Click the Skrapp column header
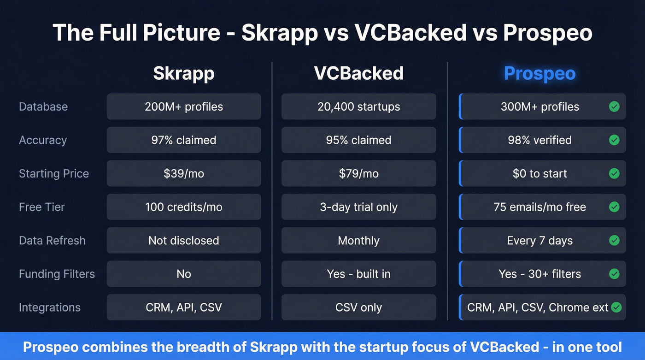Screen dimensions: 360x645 pyautogui.click(x=183, y=73)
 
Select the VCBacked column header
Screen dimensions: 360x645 pyautogui.click(x=358, y=73)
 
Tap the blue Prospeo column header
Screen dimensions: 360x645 pyautogui.click(x=539, y=73)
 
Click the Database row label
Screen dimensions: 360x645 pyautogui.click(x=43, y=106)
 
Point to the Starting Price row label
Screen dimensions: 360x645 pyautogui.click(x=54, y=174)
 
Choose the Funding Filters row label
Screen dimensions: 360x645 pyautogui.click(x=57, y=274)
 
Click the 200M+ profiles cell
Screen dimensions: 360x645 pyautogui.click(x=183, y=106)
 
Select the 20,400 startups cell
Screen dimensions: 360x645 pyautogui.click(x=358, y=106)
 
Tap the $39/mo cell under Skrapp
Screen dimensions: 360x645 pyautogui.click(x=183, y=174)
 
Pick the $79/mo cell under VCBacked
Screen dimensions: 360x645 pyautogui.click(x=358, y=174)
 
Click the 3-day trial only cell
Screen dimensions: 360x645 pyautogui.click(x=358, y=207)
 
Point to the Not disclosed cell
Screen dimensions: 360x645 pyautogui.click(x=183, y=241)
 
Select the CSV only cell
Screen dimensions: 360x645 pyautogui.click(x=358, y=307)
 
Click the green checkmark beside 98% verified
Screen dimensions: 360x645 pyautogui.click(x=614, y=140)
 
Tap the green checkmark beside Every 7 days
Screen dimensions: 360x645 pyautogui.click(x=614, y=241)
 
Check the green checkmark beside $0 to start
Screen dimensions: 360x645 pyautogui.click(x=614, y=174)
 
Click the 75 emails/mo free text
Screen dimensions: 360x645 pyautogui.click(x=539, y=207)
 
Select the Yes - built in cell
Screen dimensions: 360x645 pyautogui.click(x=358, y=274)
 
